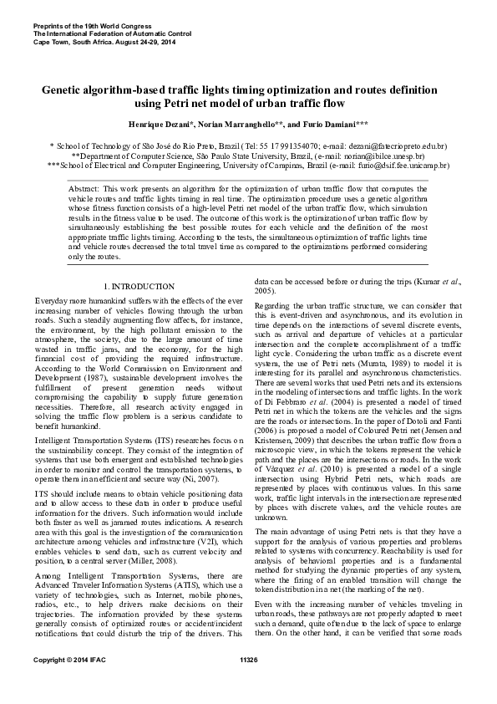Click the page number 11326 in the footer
pyautogui.click(x=248, y=683)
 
